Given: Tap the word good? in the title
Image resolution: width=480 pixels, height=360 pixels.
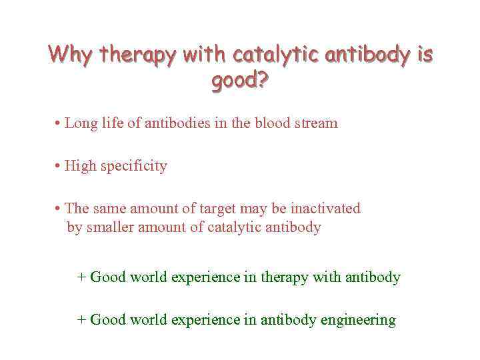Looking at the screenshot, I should click(x=240, y=81).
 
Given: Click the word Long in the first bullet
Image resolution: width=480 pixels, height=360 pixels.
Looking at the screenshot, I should click(x=80, y=123).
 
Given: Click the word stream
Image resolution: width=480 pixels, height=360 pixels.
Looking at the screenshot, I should click(x=317, y=123).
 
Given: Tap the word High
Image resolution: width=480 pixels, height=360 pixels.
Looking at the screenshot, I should click(x=81, y=166).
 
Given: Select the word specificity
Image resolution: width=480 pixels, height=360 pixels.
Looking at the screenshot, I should click(x=134, y=166).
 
